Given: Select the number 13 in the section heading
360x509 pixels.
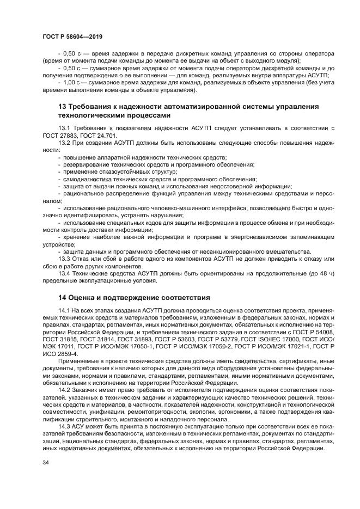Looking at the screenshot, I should (62, 107).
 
